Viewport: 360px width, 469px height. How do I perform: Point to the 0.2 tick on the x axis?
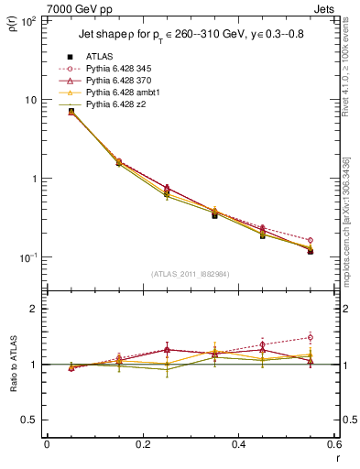click(142, 444)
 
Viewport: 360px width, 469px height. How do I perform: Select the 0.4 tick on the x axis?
click(238, 444)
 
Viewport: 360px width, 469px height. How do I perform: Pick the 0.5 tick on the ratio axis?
click(29, 420)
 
